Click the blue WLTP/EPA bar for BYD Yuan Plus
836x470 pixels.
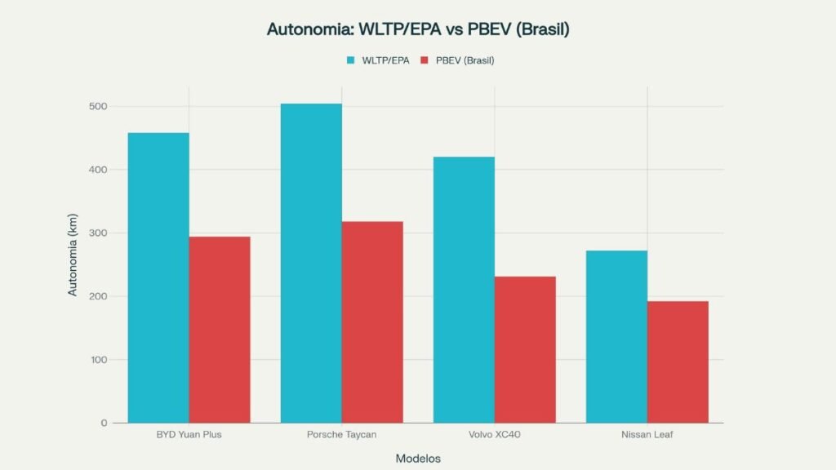[x=158, y=277]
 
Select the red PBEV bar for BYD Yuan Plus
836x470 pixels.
[x=220, y=330]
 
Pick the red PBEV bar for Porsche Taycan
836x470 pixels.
[x=372, y=321]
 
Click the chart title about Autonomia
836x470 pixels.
[x=417, y=29]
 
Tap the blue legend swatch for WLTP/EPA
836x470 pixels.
[x=351, y=60]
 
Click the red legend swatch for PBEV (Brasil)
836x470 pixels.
[x=425, y=60]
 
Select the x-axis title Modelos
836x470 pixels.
[x=418, y=459]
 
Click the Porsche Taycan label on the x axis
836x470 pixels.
[x=341, y=434]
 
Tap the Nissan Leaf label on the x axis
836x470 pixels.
[x=647, y=434]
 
